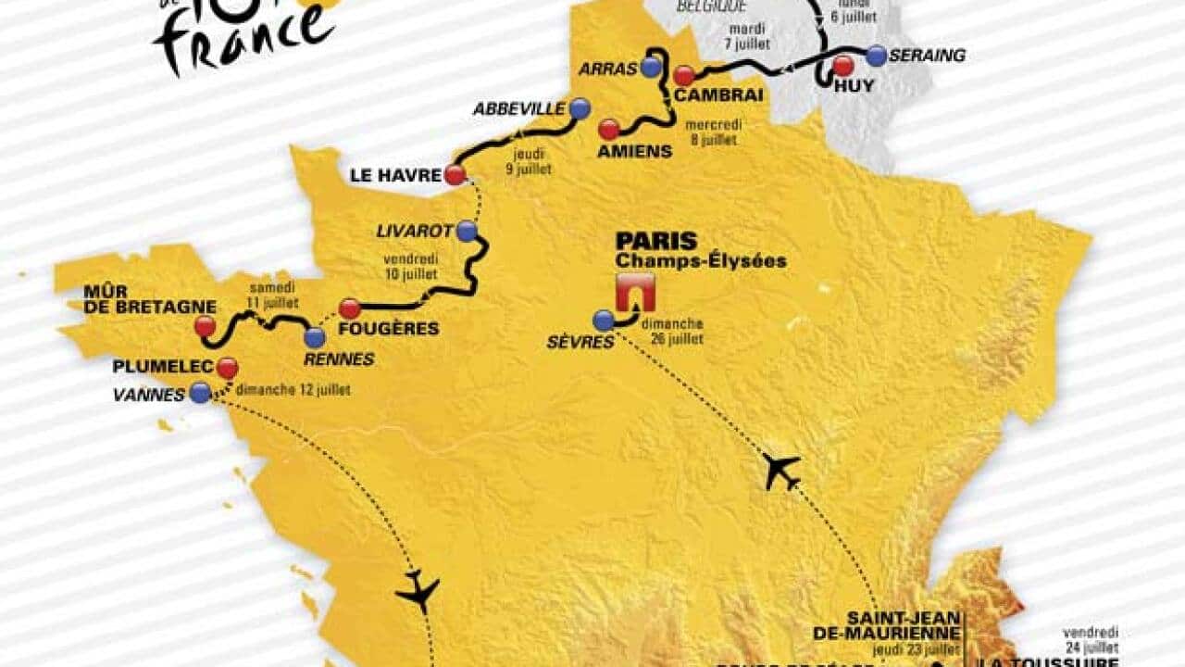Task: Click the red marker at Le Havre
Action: [x=455, y=174]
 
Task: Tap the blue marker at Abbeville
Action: [x=580, y=108]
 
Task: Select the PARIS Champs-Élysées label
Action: [x=701, y=250]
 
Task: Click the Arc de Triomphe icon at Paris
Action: [x=635, y=293]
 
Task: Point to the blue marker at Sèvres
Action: [x=604, y=321]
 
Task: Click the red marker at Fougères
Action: [x=349, y=308]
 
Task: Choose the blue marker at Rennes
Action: [x=315, y=337]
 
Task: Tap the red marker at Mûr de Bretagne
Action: [x=206, y=326]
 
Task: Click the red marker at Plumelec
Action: [x=227, y=368]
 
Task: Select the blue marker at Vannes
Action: [x=200, y=393]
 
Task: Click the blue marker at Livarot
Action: [x=468, y=231]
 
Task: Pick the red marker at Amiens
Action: [x=609, y=129]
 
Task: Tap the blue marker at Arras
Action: [x=652, y=67]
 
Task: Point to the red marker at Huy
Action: [x=842, y=65]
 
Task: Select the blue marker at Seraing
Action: [x=876, y=55]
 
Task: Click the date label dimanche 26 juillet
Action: [x=678, y=331]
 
